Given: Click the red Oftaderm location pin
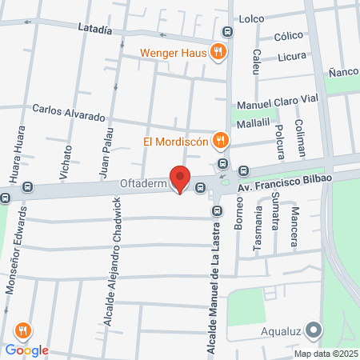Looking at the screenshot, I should (180, 178).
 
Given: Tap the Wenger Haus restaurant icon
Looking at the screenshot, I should (218, 54).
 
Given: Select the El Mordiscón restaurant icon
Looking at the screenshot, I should (222, 142).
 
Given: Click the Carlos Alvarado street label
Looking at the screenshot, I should (69, 111).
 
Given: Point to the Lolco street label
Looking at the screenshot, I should (251, 18).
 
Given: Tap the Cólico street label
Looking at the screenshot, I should (288, 36).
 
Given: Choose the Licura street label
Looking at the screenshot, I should (293, 58).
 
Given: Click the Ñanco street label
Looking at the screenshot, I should (342, 73).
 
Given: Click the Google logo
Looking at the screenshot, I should (26, 350).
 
